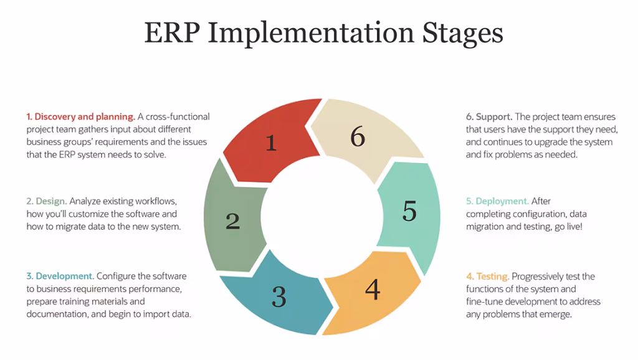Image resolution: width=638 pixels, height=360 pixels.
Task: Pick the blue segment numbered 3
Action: pos(277,296)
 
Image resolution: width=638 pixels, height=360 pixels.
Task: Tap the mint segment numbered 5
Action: pos(408,212)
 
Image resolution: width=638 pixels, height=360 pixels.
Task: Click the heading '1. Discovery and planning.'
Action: pos(80,116)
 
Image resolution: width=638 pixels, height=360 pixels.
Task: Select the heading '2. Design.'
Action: pos(46,201)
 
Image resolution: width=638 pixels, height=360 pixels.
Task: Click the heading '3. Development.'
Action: pos(60,276)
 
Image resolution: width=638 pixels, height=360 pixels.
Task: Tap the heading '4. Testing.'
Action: pos(487,276)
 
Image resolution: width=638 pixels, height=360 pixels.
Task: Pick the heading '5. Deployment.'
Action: pos(497,201)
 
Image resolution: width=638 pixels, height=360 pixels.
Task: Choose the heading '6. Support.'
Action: pos(489,116)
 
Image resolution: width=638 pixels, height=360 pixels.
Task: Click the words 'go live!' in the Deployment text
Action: pos(568,227)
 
